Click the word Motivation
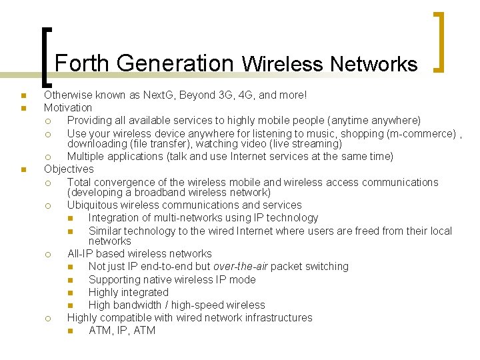68,107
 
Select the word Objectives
69,169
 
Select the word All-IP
83,254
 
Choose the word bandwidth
139,305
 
